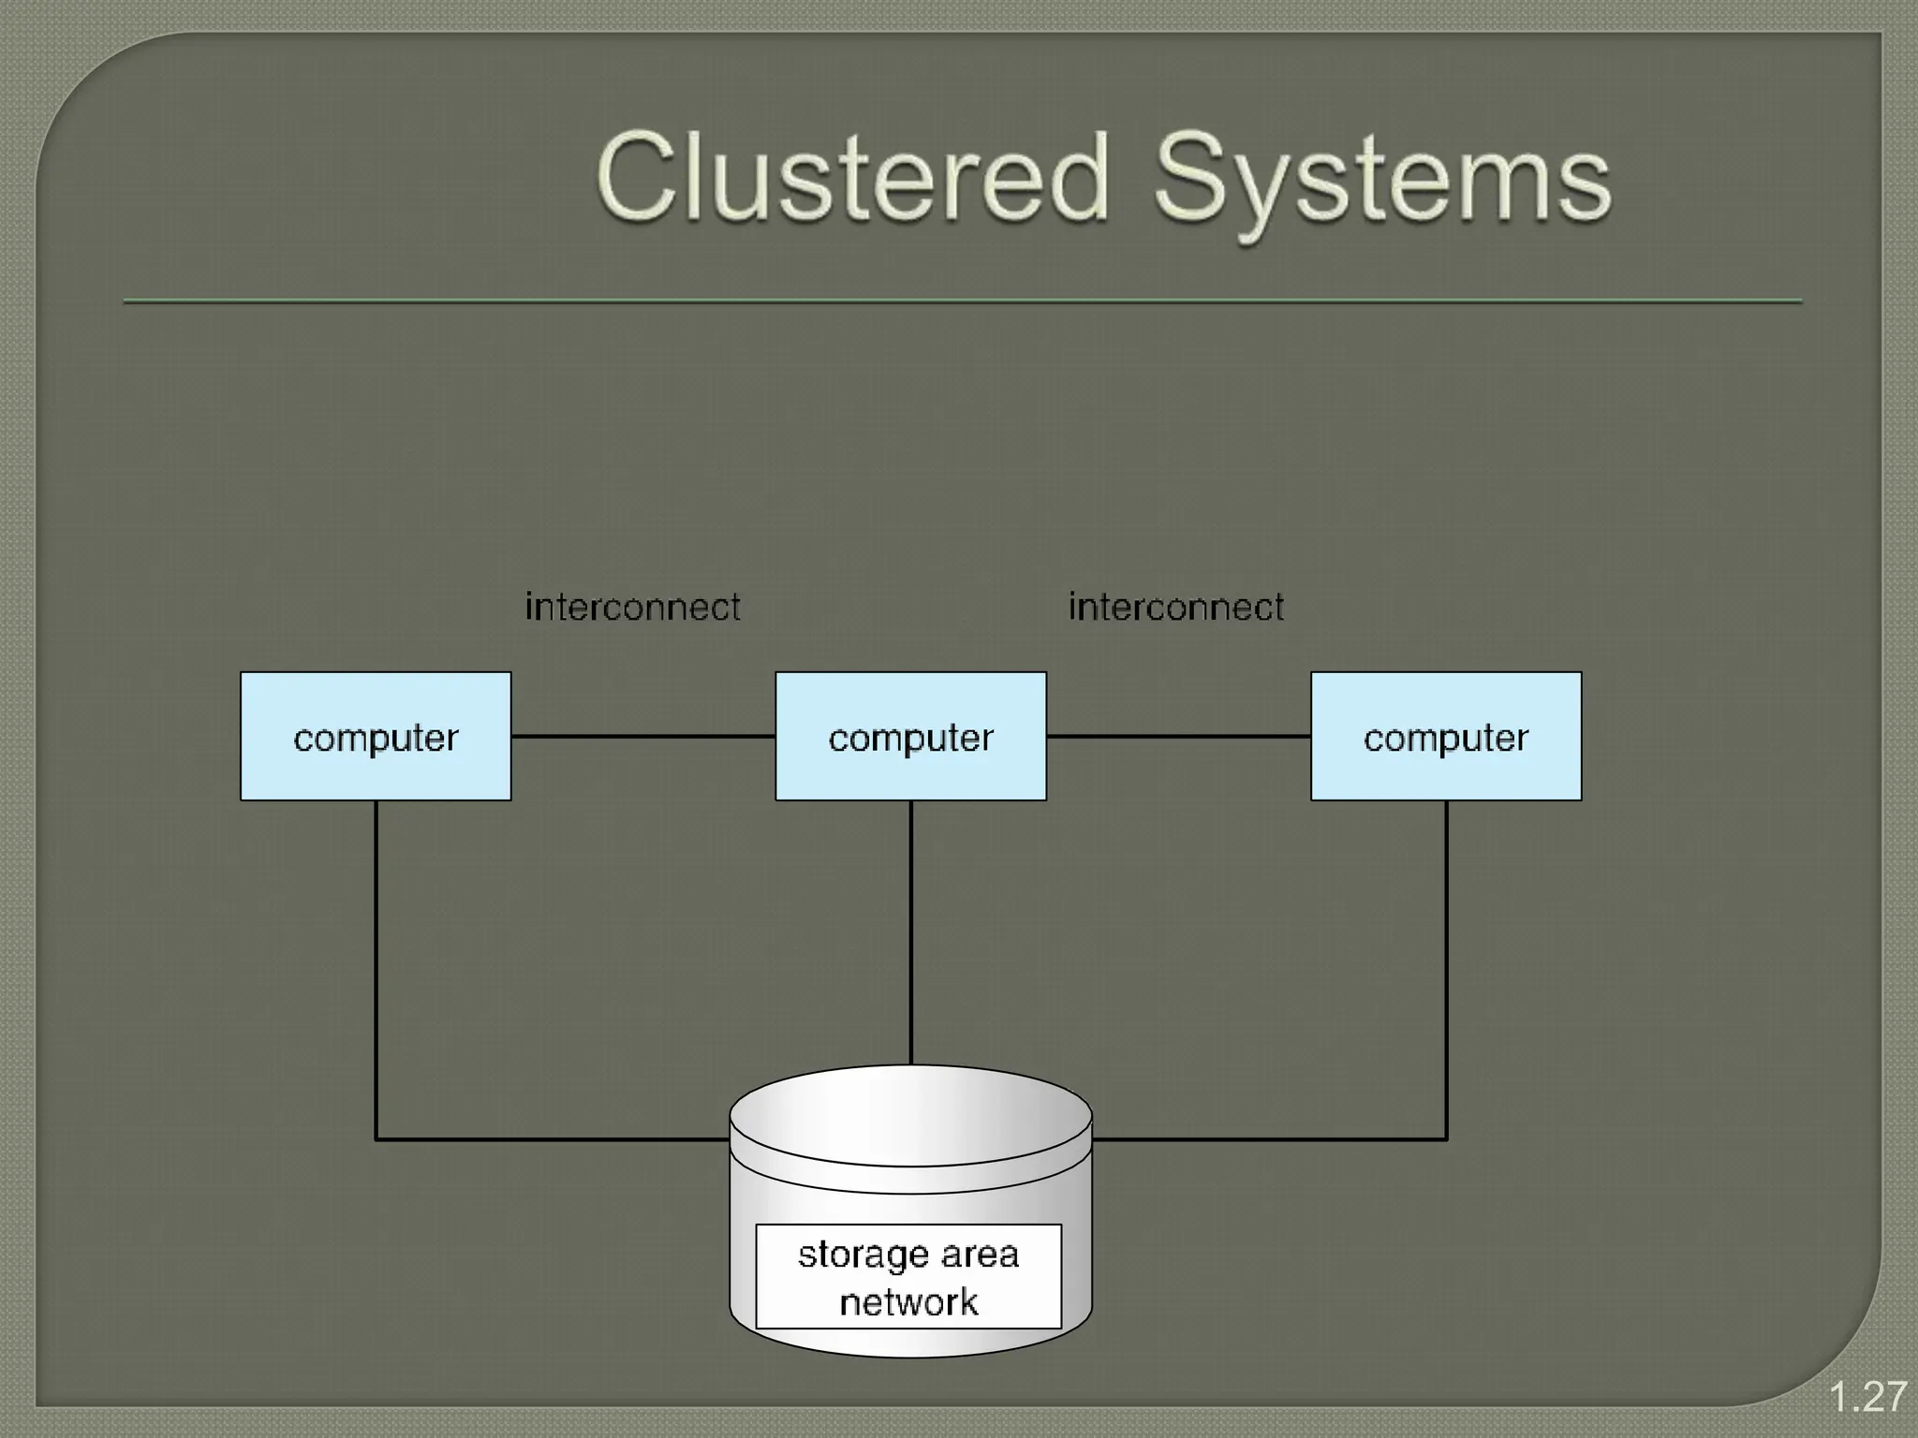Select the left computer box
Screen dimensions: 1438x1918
[x=376, y=737]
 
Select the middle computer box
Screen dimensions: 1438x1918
[x=910, y=737]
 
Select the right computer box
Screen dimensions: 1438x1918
[x=1446, y=737]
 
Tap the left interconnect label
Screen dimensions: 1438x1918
[x=632, y=608]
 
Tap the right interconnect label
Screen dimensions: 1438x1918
[x=1176, y=608]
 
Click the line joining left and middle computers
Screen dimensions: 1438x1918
[x=643, y=737]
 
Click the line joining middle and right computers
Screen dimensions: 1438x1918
[x=1178, y=737]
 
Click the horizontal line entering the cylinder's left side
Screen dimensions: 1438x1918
[x=553, y=1139]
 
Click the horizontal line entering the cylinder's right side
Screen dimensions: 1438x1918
[x=1269, y=1139]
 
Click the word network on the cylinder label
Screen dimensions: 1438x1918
[x=908, y=1302]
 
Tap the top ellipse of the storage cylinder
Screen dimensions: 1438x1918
[x=910, y=1115]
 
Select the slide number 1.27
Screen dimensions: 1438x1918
[x=1867, y=1398]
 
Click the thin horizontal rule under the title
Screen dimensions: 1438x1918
[x=962, y=301]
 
